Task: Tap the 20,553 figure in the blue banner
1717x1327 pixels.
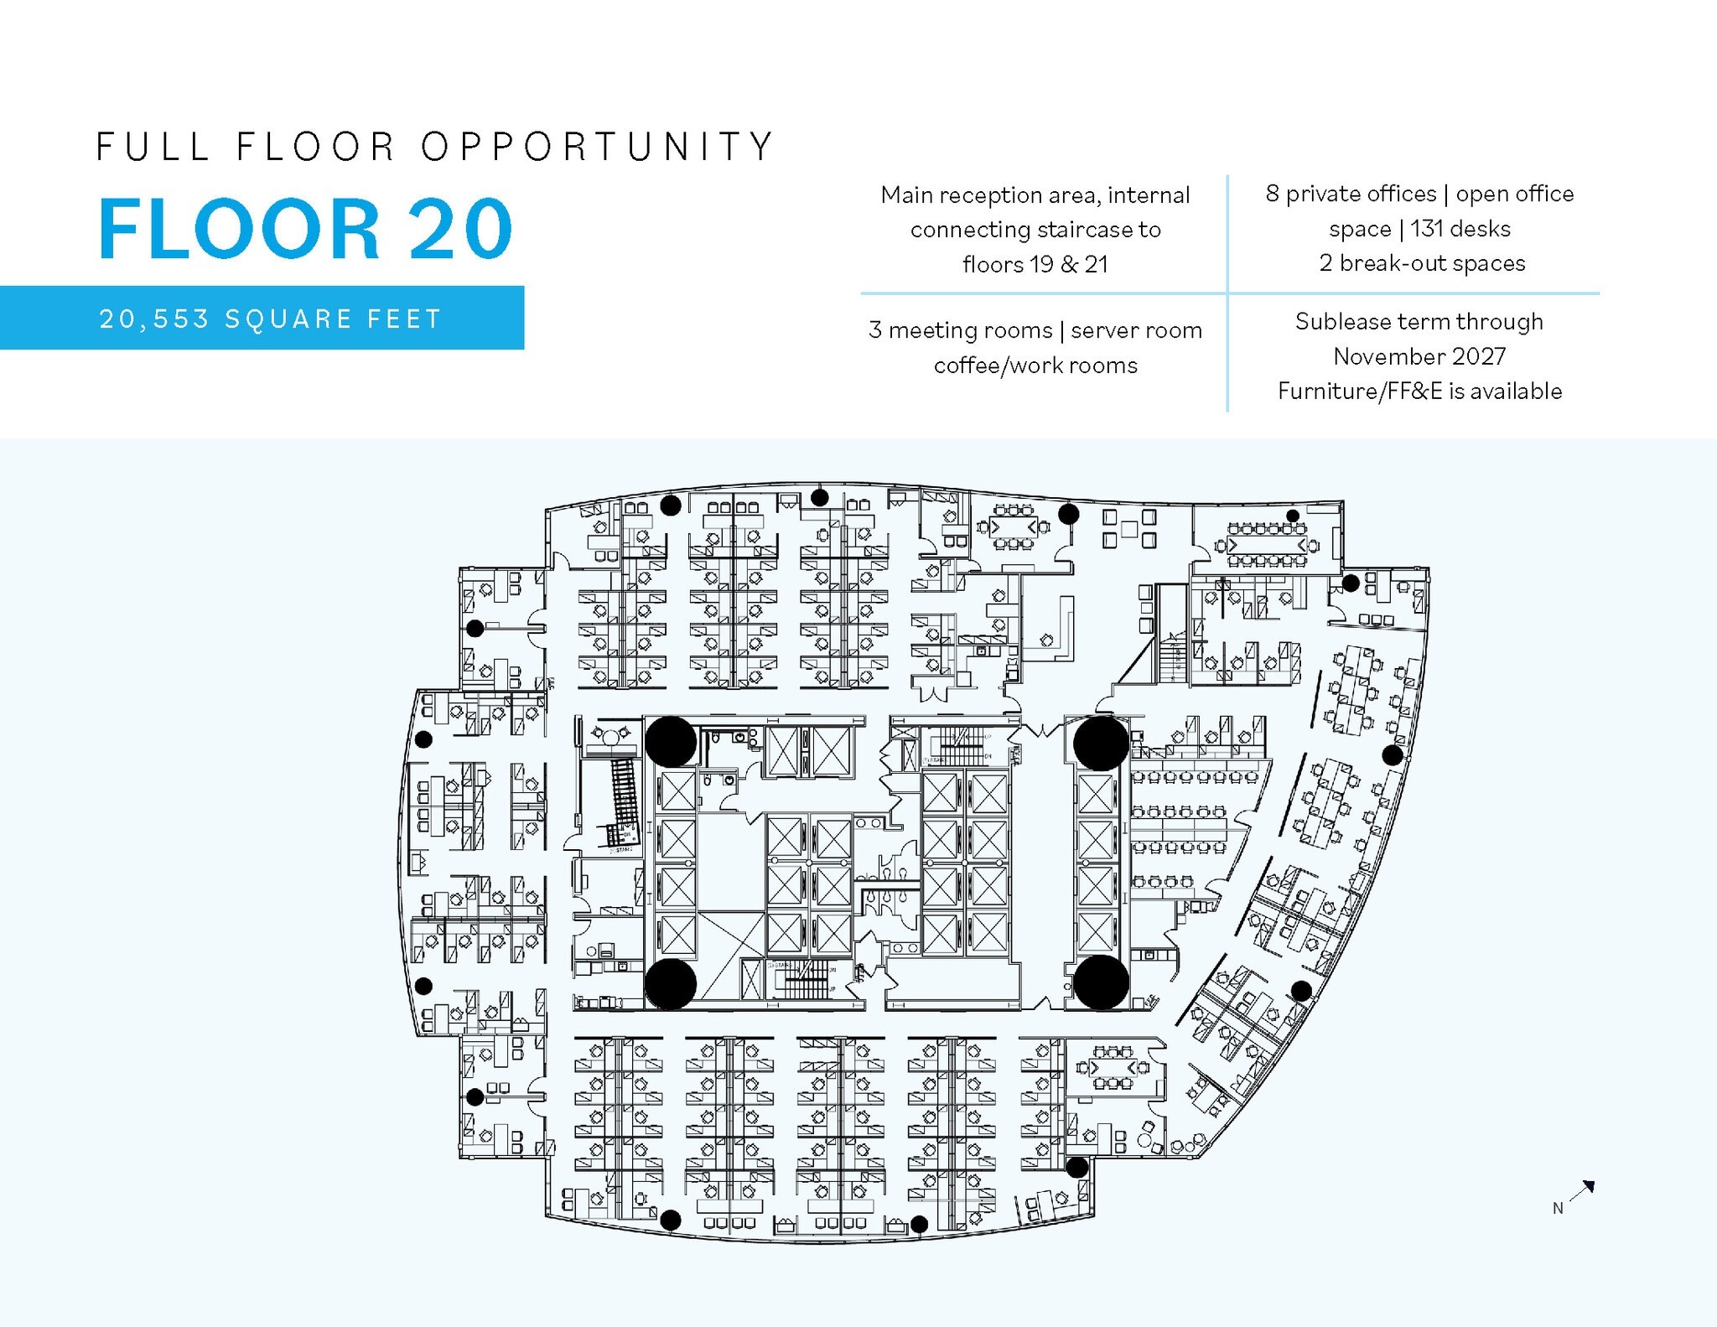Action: (153, 319)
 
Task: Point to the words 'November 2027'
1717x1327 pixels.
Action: (1419, 356)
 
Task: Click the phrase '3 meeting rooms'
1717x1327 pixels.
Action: (960, 330)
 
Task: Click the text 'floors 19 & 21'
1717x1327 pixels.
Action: (1035, 265)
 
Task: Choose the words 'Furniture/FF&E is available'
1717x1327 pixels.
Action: (1419, 391)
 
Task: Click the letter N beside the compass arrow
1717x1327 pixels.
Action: (1557, 1208)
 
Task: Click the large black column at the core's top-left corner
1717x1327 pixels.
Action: (670, 741)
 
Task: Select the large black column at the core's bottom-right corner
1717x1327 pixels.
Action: (1101, 982)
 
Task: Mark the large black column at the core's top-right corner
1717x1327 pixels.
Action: (1101, 743)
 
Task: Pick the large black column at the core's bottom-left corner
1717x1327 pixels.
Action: (670, 983)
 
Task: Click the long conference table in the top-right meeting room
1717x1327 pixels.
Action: (1266, 545)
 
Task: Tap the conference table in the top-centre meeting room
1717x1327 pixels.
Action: (1014, 526)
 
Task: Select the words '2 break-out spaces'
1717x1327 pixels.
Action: (1422, 263)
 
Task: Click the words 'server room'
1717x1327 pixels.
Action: (1136, 330)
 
